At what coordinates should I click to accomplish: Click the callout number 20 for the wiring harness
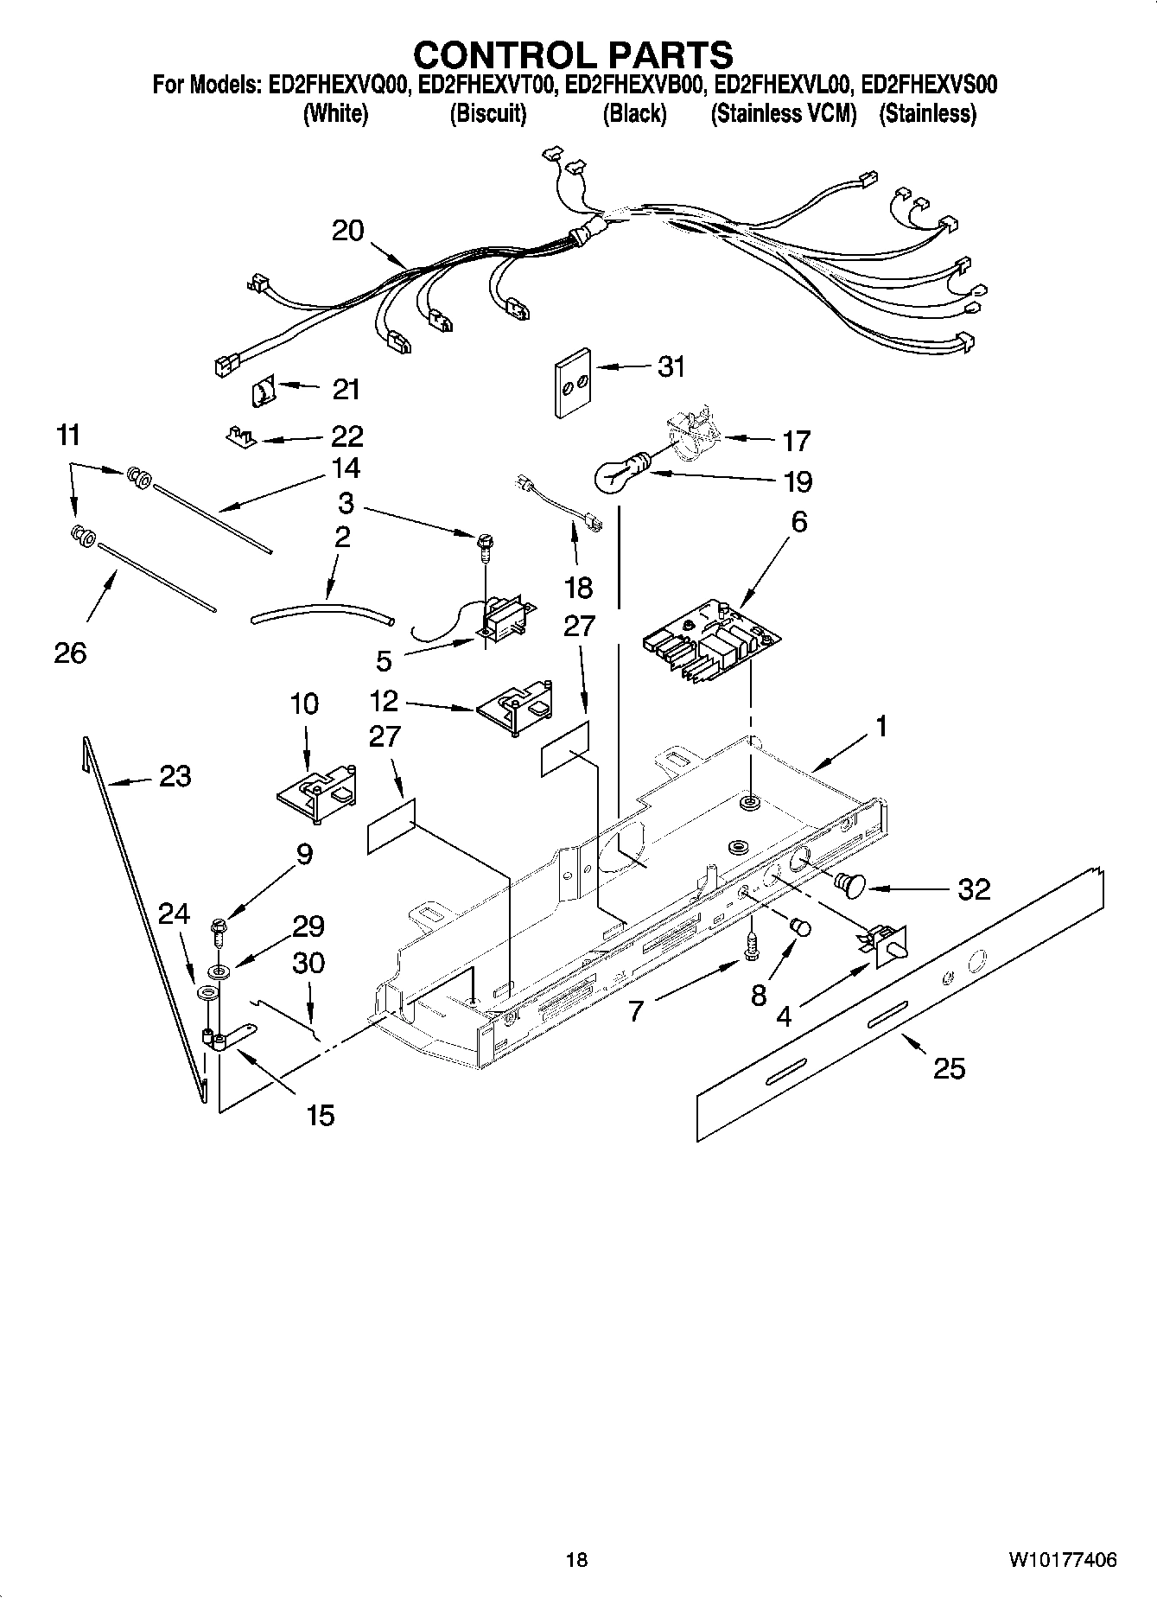tap(348, 231)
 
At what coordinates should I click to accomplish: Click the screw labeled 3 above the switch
tap(483, 545)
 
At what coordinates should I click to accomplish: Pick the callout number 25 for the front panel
tap(949, 1069)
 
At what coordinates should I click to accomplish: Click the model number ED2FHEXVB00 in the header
tap(634, 85)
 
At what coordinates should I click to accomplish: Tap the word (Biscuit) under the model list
tap(488, 113)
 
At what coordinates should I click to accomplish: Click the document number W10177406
tap(1061, 1560)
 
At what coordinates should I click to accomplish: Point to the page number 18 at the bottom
tap(576, 1560)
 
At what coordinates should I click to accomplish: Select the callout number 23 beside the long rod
tap(175, 776)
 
